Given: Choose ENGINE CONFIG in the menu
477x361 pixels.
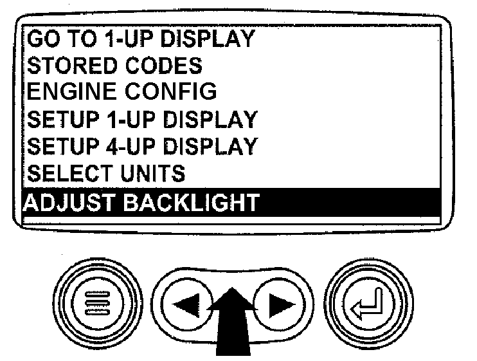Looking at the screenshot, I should tap(122, 91).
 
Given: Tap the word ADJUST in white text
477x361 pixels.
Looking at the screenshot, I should tap(68, 202).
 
